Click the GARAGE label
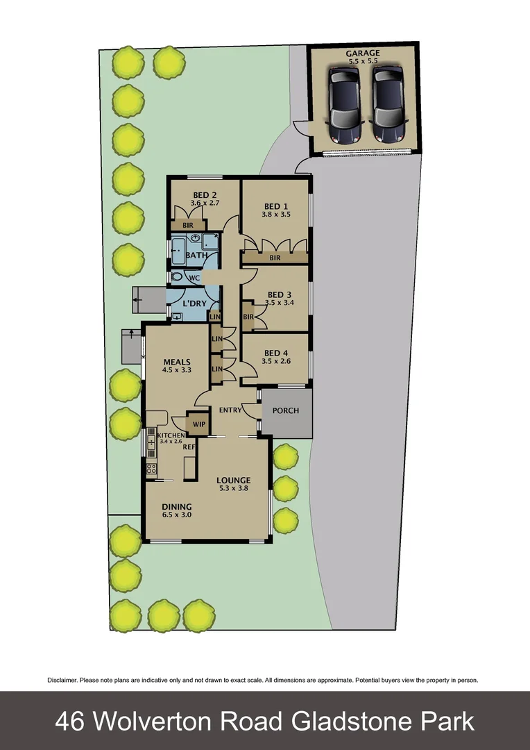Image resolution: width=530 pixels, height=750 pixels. pos(363,53)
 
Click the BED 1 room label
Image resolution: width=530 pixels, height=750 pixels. pos(276,206)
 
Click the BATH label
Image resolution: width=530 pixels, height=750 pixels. pos(196,256)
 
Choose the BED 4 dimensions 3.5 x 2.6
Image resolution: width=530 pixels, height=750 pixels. pos(276,361)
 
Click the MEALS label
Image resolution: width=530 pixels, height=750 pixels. pos(176,362)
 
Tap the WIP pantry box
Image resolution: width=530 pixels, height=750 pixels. pos(198,424)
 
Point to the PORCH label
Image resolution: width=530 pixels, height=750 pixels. pos(285,410)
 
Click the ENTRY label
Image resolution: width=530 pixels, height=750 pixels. pos(230,410)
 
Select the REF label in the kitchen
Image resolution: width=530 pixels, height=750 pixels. pos(188,448)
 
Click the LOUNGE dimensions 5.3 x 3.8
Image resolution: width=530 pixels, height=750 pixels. pos(233,488)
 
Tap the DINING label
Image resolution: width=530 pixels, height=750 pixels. pos(176,507)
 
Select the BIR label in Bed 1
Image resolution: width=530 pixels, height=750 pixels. pos(275,258)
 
